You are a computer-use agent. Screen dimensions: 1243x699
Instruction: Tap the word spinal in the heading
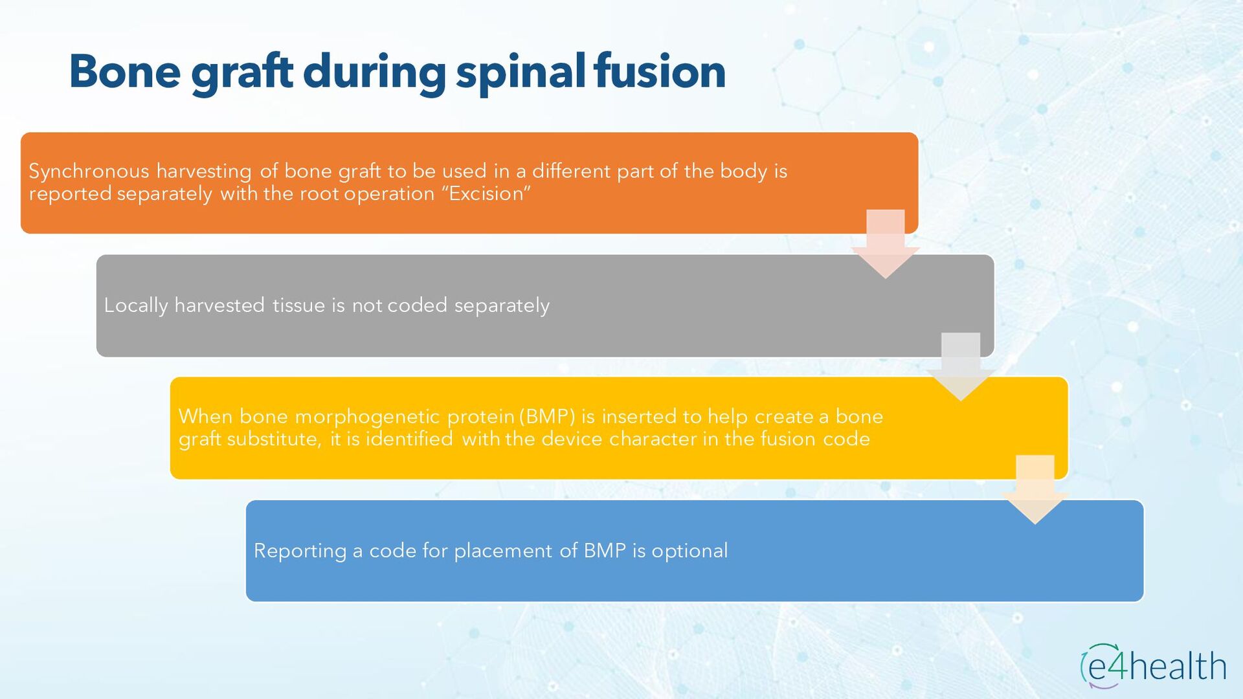click(x=520, y=72)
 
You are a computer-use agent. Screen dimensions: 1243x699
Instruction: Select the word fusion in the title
click(x=660, y=71)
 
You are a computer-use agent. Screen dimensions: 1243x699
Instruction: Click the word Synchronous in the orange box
click(x=89, y=172)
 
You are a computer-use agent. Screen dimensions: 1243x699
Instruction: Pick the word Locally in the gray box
click(x=135, y=305)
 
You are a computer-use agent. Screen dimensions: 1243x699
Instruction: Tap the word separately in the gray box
click(x=502, y=305)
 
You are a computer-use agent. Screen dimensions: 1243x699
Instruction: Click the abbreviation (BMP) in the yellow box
click(x=547, y=416)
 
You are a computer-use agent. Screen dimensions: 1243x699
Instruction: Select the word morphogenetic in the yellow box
click(x=367, y=417)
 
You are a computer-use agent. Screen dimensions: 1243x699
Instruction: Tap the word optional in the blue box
click(x=689, y=551)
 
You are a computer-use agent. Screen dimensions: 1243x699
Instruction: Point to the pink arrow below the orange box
click(x=885, y=245)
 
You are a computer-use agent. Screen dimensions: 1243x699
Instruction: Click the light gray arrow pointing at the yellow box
click(x=960, y=367)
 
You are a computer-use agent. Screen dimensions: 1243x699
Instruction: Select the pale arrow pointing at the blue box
click(x=1035, y=490)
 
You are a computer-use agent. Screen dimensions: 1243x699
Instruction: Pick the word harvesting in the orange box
click(x=204, y=172)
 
